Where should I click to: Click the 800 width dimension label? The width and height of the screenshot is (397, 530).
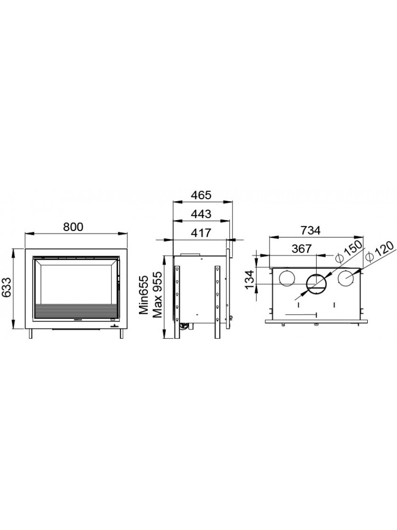click(x=73, y=227)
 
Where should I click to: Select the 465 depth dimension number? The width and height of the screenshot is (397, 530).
click(x=201, y=195)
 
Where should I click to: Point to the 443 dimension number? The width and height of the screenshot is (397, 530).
click(x=201, y=213)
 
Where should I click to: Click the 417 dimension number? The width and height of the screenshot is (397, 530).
click(x=201, y=232)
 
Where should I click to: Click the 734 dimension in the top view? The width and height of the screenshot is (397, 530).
click(x=310, y=230)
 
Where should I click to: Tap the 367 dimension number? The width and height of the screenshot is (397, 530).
click(x=301, y=248)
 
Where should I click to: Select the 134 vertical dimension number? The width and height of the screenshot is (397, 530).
click(x=250, y=279)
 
